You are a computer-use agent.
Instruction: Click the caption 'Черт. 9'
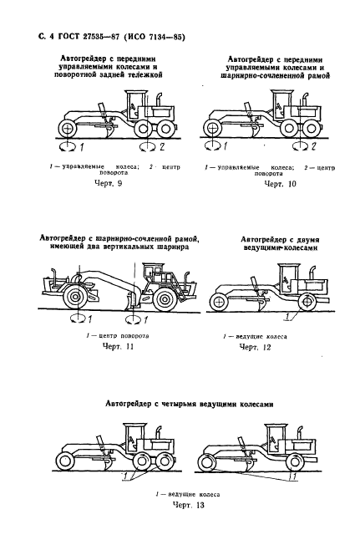108,183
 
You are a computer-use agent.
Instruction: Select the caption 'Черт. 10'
280,184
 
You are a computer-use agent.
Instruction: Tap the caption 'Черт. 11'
118,346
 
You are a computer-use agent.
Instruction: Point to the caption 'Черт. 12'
255,347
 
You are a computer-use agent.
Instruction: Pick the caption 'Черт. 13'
188,505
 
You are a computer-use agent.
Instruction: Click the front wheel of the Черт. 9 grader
68,129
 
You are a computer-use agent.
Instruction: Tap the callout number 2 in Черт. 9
161,147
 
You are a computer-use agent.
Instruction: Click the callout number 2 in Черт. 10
313,147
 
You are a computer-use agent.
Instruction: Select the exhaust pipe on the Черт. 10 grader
304,100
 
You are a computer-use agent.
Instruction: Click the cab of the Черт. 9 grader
135,105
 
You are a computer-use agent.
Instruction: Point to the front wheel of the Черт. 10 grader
213,130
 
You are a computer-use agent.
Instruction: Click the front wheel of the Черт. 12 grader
218,303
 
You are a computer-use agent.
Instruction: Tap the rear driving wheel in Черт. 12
307,303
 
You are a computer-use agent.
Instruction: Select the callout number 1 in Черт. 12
286,317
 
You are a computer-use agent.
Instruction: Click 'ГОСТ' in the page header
68,37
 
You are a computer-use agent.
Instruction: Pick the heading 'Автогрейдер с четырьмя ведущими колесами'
190,405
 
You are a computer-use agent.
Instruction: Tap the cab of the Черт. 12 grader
289,280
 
